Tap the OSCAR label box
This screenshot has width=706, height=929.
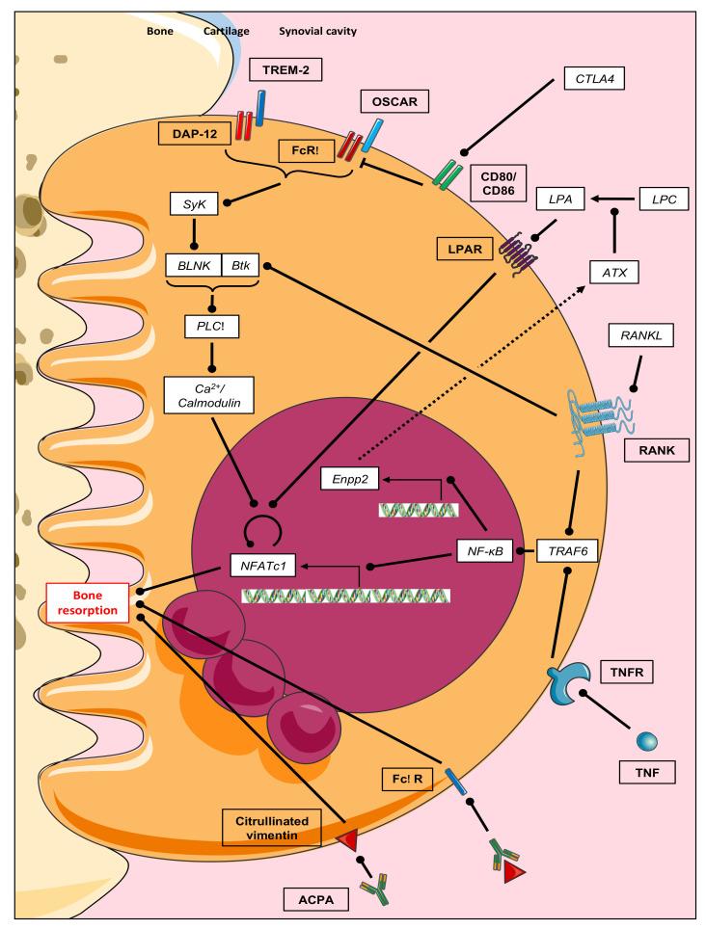(x=394, y=101)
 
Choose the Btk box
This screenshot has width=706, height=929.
(x=240, y=264)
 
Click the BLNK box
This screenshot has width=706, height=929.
(x=195, y=264)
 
